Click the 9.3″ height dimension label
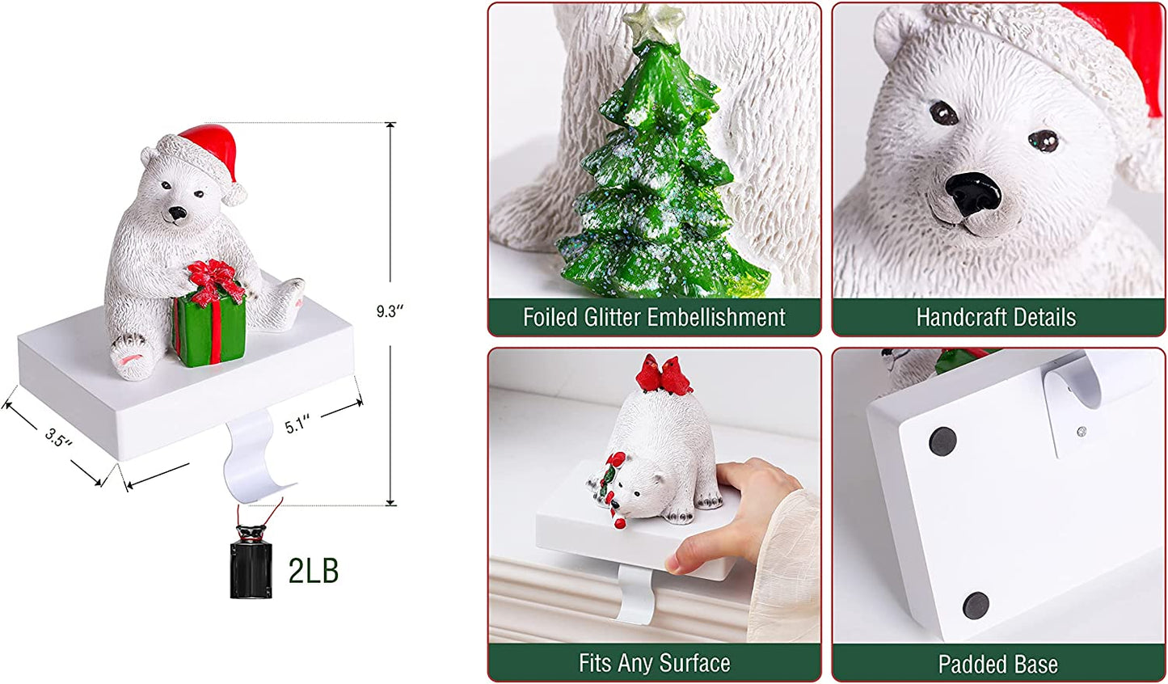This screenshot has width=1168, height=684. point(390,311)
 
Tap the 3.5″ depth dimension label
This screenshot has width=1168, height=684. point(58,438)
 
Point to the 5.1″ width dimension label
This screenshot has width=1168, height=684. point(298,423)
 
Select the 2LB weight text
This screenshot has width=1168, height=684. point(314,571)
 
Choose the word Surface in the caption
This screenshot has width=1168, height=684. point(694,664)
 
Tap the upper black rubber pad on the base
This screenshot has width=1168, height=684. point(942,441)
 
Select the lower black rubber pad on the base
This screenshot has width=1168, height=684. point(976,604)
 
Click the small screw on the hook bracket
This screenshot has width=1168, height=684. point(1082,431)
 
